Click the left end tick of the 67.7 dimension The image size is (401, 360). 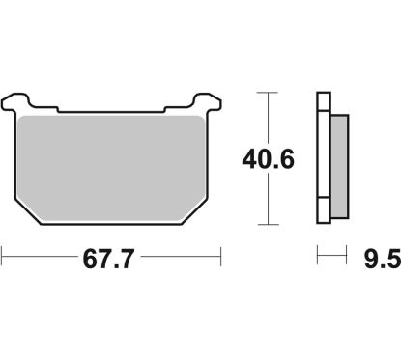tap(3, 258)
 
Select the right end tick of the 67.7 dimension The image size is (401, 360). tap(222, 258)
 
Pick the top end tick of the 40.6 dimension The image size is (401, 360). tap(266, 92)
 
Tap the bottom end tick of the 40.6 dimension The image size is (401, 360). tap(266, 222)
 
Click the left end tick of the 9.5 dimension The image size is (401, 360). tap(318, 257)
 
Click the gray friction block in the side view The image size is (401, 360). tap(339, 160)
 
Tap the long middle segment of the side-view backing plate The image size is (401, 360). tap(324, 159)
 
